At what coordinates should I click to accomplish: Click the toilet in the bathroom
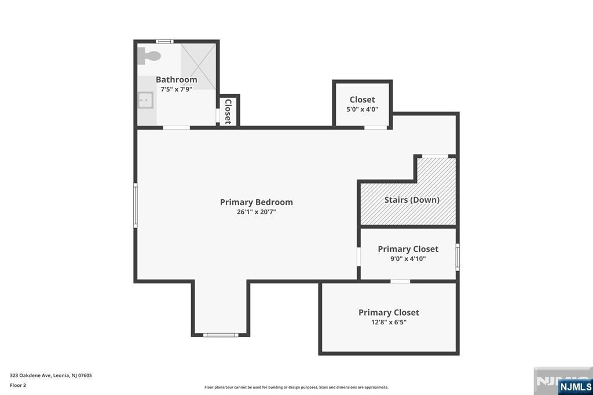click(x=149, y=56)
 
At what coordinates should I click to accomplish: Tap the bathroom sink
click(x=145, y=101)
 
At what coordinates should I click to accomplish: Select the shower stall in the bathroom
click(x=198, y=67)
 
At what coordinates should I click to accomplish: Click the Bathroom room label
click(x=176, y=79)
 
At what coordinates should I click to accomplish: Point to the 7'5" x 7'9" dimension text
click(x=176, y=89)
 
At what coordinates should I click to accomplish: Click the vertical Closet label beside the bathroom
click(x=228, y=112)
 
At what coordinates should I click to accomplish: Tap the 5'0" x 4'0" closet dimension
click(x=363, y=109)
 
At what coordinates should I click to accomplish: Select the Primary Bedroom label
click(x=257, y=202)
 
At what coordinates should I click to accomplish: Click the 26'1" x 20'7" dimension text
click(x=257, y=212)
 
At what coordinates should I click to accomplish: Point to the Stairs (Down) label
click(x=412, y=200)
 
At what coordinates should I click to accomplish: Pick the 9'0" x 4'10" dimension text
click(x=408, y=259)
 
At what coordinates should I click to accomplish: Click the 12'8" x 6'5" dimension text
click(x=389, y=323)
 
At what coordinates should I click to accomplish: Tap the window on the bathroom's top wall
click(x=164, y=42)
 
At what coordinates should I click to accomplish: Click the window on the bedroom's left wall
click(x=136, y=206)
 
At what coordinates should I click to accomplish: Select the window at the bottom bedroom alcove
click(x=221, y=335)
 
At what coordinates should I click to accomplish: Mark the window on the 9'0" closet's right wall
click(x=457, y=257)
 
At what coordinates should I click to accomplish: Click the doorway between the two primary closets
click(x=400, y=281)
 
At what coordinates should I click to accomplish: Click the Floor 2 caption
click(x=18, y=386)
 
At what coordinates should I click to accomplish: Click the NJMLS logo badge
click(x=575, y=387)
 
